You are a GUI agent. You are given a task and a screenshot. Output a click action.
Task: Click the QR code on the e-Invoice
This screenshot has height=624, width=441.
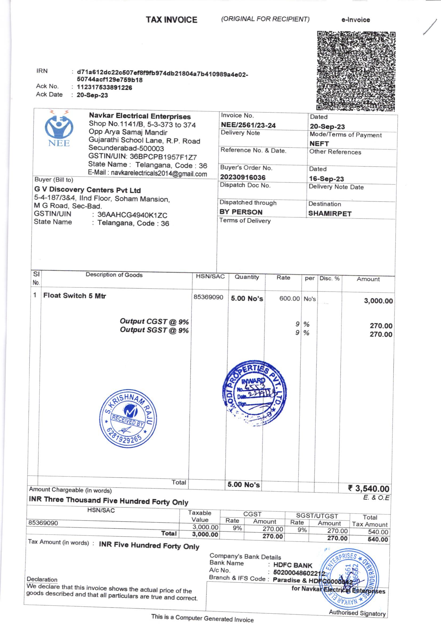pos(356,71)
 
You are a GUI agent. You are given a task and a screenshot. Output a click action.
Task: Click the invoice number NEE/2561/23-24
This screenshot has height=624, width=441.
pos(248,125)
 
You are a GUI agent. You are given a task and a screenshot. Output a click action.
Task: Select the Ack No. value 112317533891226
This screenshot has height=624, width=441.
pos(104,88)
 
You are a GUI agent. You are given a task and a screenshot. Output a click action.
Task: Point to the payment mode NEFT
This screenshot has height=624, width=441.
pos(319,144)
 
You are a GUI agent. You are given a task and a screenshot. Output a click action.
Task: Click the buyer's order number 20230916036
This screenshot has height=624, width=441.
pos(243,177)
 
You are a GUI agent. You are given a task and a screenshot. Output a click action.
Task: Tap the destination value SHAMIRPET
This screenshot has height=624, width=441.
pos(329,214)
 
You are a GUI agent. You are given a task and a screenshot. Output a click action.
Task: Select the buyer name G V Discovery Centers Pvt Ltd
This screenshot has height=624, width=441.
pos(88,190)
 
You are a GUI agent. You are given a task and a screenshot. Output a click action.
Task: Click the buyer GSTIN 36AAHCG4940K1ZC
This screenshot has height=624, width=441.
pos(132,215)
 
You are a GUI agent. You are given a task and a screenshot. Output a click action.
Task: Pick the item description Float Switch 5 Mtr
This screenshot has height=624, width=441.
pos(74,296)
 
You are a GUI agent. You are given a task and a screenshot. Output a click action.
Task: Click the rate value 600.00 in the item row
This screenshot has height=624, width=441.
pos(289,299)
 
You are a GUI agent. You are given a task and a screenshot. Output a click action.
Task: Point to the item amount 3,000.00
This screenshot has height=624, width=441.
pos(378,301)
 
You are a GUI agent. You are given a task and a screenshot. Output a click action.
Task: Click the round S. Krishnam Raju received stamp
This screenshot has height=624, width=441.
pos(128,419)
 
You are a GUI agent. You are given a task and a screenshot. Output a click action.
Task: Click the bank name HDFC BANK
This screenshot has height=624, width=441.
pos(293,565)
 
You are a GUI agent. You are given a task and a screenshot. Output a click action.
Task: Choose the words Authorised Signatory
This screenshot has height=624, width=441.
pos(357,613)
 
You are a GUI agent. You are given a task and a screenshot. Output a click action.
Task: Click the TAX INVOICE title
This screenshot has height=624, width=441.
pos(172,19)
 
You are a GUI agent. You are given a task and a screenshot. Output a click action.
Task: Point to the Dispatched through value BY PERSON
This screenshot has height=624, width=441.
pos(241,212)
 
